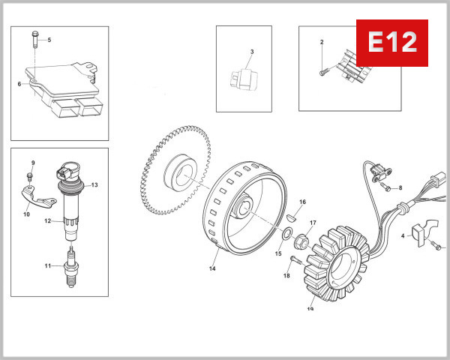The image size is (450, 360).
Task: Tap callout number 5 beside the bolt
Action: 49,40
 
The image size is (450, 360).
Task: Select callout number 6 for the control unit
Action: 19,84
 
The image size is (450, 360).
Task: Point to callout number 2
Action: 321,42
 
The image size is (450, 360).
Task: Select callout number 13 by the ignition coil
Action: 95,184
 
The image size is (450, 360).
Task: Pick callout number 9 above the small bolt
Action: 32,163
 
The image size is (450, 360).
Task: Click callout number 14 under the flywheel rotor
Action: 213,268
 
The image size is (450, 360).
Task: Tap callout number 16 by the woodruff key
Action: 303,202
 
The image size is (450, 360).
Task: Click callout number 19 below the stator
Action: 310,307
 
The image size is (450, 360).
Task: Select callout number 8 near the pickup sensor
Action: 400,187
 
